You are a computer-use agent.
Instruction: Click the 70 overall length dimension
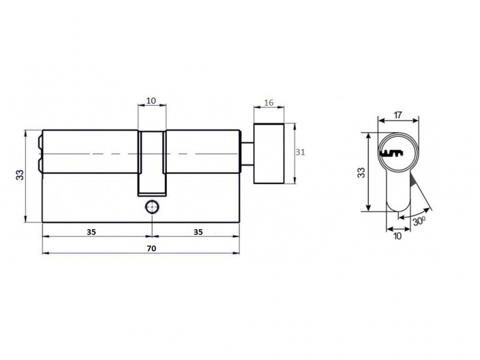pos(152,248)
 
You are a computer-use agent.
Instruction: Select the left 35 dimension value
pos(91,232)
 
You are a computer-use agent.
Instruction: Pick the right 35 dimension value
pos(198,232)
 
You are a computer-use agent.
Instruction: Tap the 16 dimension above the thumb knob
pos(269,103)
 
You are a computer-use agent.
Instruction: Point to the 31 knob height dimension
pos(301,152)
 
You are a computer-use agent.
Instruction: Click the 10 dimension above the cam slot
pos(152,100)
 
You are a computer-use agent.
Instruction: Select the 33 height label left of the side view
pos(20,175)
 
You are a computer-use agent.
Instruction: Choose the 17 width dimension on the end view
pos(398,115)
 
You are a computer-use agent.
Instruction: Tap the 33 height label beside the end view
pos(362,173)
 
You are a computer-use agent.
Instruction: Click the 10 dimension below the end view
pos(397,236)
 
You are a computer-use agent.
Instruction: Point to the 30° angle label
pos(419,221)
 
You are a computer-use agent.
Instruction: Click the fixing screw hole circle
pos(152,207)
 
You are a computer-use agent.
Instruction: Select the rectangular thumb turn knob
pos(269,154)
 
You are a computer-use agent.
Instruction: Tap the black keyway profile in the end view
pos(392,153)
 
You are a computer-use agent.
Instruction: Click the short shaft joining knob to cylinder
pos(247,154)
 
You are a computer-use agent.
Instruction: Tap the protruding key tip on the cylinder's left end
pos(40,153)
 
